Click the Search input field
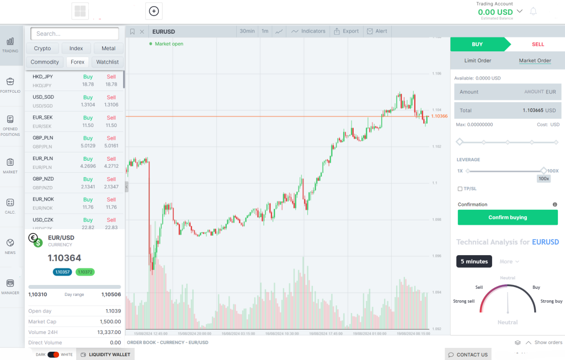coord(74,34)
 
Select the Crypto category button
coord(42,49)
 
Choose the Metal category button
coord(109,49)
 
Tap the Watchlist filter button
coord(108,62)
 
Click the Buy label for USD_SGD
coord(88,97)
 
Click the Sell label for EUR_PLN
coord(111,158)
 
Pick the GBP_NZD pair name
coord(42,179)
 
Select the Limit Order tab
coord(478,61)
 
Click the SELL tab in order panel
coord(537,44)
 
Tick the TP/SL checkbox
coord(460,189)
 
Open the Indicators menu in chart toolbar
coord(308,31)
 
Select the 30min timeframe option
coord(247,31)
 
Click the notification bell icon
coord(533,12)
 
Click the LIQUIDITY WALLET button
coord(105,354)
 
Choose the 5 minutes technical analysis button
coord(474,261)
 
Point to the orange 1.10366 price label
coord(439,116)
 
